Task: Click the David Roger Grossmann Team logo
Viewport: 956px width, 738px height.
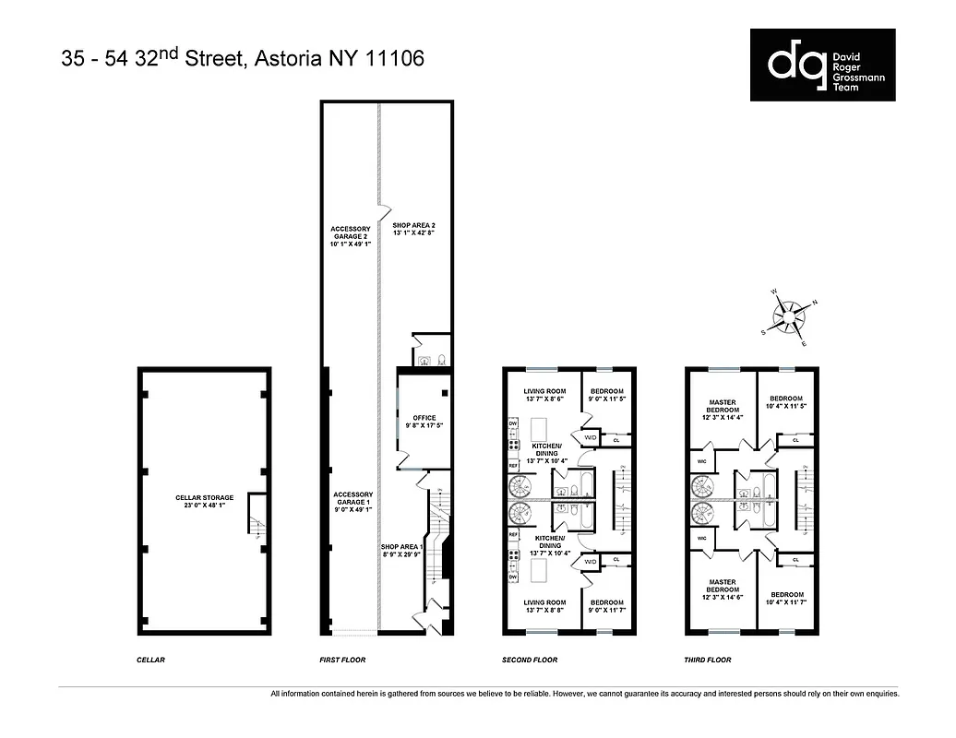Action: pos(822,65)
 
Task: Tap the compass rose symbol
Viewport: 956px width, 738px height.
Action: pos(789,317)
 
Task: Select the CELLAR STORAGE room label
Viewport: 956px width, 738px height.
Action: pos(204,503)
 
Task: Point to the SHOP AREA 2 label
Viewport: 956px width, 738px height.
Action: pos(413,230)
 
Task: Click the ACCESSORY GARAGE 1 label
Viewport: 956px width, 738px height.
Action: pos(352,502)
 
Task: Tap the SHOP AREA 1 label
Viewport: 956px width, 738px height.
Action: pos(401,552)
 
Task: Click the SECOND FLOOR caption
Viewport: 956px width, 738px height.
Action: pos(531,661)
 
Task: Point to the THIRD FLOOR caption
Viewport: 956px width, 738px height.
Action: pos(708,661)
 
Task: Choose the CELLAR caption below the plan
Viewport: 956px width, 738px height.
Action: pos(149,661)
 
